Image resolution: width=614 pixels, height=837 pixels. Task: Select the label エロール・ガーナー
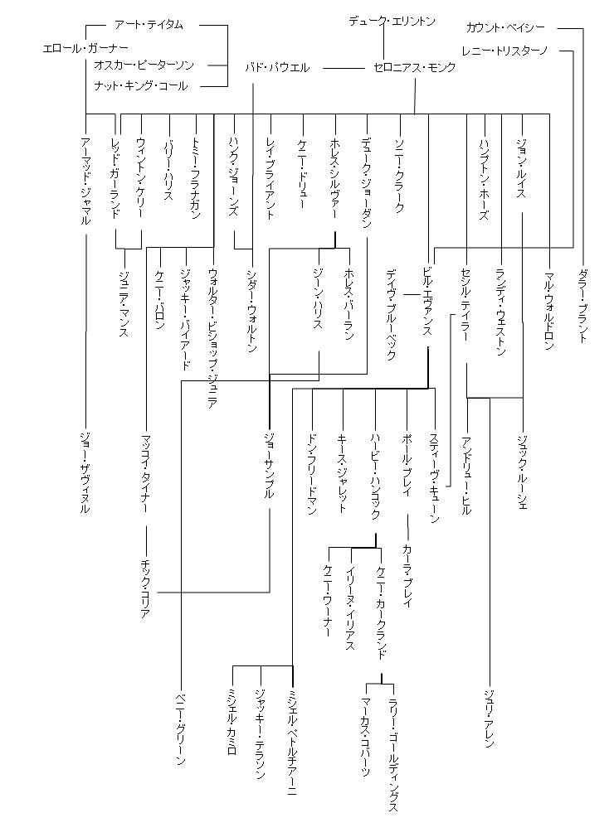(x=85, y=47)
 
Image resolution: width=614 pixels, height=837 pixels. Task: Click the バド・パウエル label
(x=277, y=67)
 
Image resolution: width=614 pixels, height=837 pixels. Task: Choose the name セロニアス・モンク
(x=414, y=67)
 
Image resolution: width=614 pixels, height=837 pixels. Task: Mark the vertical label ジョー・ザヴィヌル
(x=85, y=472)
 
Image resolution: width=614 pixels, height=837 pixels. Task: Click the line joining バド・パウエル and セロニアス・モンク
(x=344, y=67)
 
